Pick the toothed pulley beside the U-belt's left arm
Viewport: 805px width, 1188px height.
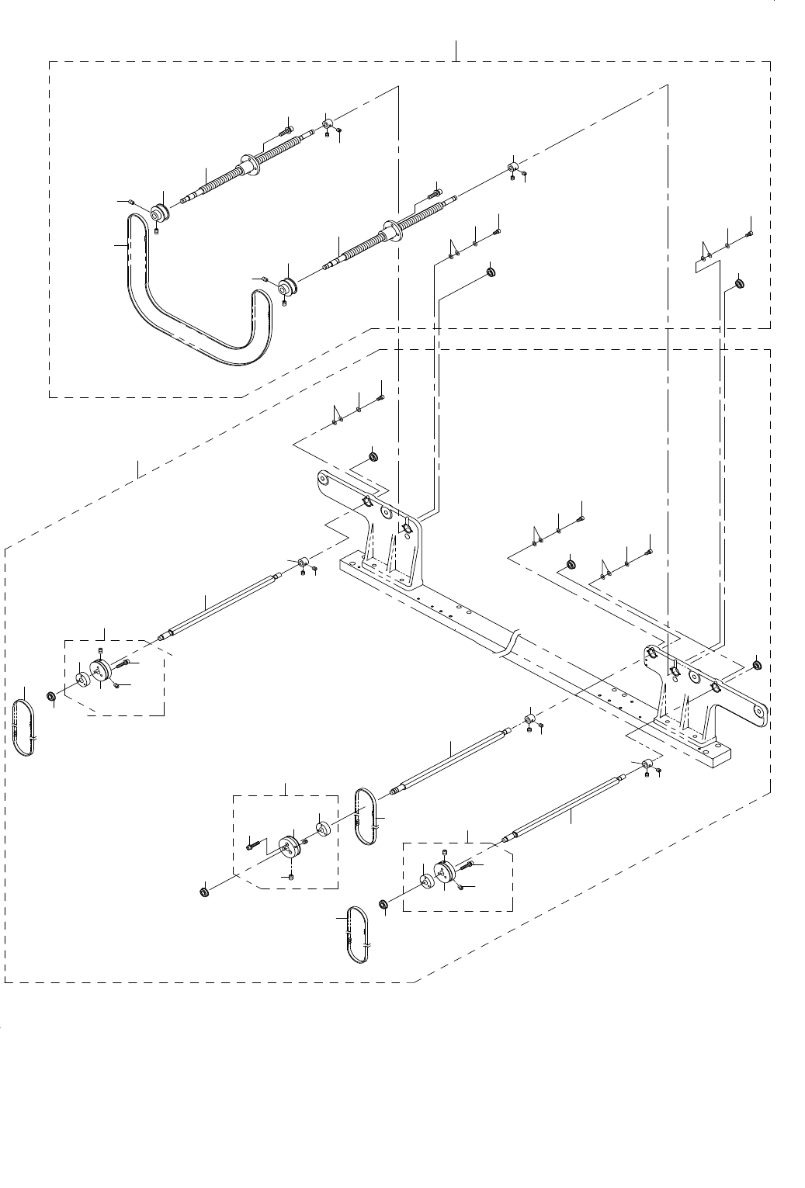[x=159, y=212]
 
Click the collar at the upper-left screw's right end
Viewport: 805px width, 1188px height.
[x=328, y=123]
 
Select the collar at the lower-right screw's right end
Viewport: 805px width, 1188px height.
[x=513, y=168]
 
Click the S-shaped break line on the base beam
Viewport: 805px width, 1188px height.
[x=510, y=644]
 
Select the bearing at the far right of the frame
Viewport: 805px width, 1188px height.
[x=757, y=664]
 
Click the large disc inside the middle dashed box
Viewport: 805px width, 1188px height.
[x=290, y=846]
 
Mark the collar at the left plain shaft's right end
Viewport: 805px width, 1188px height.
[x=303, y=562]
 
